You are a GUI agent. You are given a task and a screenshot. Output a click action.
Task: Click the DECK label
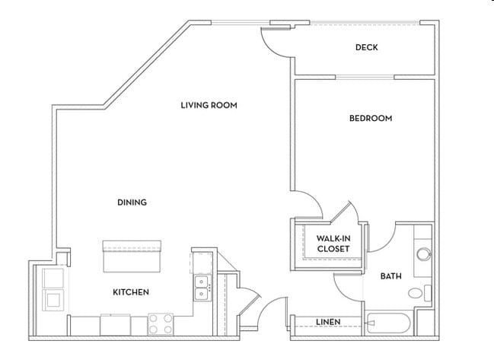click(366, 47)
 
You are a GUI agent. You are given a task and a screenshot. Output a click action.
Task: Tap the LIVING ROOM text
click(209, 105)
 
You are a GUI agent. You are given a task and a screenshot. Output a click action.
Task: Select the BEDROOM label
click(370, 118)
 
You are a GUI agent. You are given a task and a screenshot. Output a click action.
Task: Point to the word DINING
click(132, 202)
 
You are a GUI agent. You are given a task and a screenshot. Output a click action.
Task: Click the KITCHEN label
click(131, 292)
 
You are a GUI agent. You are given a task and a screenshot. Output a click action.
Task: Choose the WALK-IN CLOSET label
click(333, 244)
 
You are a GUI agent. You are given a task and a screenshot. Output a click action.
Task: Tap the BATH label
click(391, 276)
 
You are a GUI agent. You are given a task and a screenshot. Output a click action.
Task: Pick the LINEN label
click(327, 322)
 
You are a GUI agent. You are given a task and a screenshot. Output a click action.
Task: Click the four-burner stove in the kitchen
click(161, 324)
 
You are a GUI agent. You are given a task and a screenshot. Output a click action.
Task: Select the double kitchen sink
click(202, 288)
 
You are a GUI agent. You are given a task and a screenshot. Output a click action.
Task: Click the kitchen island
click(132, 256)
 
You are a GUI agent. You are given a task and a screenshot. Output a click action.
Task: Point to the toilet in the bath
click(417, 292)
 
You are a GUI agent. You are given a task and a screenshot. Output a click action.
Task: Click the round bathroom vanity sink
click(423, 254)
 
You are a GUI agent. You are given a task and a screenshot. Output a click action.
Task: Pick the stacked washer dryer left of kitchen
click(54, 288)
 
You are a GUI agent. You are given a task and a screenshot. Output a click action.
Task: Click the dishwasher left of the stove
click(115, 324)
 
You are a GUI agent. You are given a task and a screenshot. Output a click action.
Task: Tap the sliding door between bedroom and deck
click(365, 76)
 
